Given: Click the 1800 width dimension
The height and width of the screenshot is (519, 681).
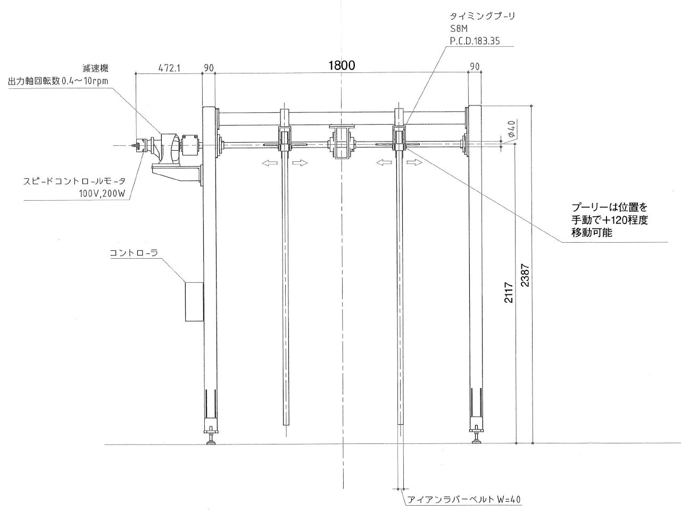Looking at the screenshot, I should click(342, 65).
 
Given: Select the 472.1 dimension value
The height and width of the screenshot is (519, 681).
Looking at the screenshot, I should click(170, 68).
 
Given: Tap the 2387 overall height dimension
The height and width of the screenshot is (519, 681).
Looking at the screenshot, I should click(526, 276).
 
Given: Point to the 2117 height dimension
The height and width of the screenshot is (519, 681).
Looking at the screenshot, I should click(509, 292).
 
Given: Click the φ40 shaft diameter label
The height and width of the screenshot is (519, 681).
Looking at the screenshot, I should click(512, 129).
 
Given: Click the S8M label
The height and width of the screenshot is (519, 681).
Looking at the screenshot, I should click(459, 29).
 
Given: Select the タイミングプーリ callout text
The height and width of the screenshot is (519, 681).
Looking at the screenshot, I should click(482, 17).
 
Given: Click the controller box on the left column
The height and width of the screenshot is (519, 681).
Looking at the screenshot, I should click(194, 301).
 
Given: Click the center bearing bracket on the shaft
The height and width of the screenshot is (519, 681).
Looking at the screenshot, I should click(341, 142).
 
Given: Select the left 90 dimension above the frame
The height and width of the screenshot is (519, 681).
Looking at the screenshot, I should click(209, 68).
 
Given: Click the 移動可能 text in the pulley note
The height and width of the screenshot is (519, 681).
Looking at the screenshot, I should click(592, 232).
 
